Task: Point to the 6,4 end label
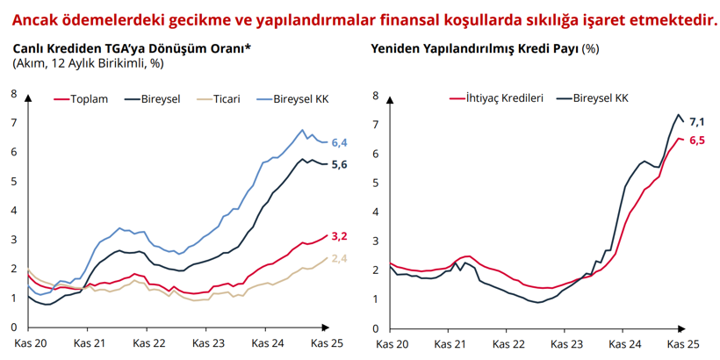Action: [339, 142]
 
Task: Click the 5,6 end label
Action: [339, 164]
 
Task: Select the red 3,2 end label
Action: [339, 235]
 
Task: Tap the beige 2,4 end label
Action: [339, 258]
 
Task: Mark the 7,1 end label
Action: [698, 121]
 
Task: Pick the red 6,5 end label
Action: [698, 140]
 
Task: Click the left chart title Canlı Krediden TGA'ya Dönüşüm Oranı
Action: [132, 49]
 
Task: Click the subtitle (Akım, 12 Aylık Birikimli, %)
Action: [88, 63]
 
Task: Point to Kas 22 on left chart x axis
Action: [148, 342]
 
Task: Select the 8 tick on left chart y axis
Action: [15, 94]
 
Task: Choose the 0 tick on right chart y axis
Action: [376, 328]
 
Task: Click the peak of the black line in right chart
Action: [679, 115]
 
